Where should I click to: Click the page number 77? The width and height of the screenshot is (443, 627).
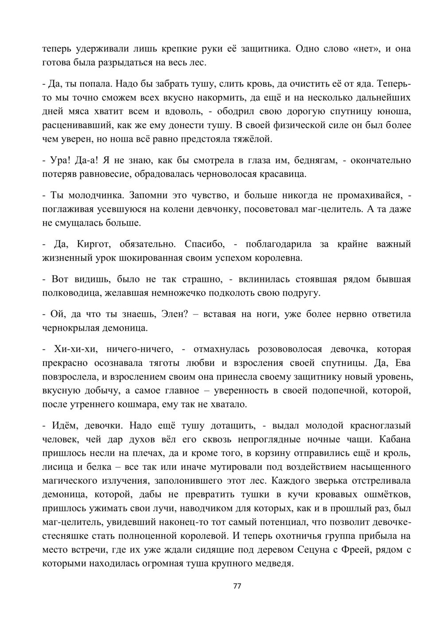pyautogui.click(x=237, y=586)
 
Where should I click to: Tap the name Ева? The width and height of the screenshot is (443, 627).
pyautogui.click(x=401, y=363)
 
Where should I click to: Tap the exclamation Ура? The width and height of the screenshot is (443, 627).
pyautogui.click(x=60, y=160)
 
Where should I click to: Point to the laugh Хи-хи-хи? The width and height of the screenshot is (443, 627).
pyautogui.click(x=70, y=349)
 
